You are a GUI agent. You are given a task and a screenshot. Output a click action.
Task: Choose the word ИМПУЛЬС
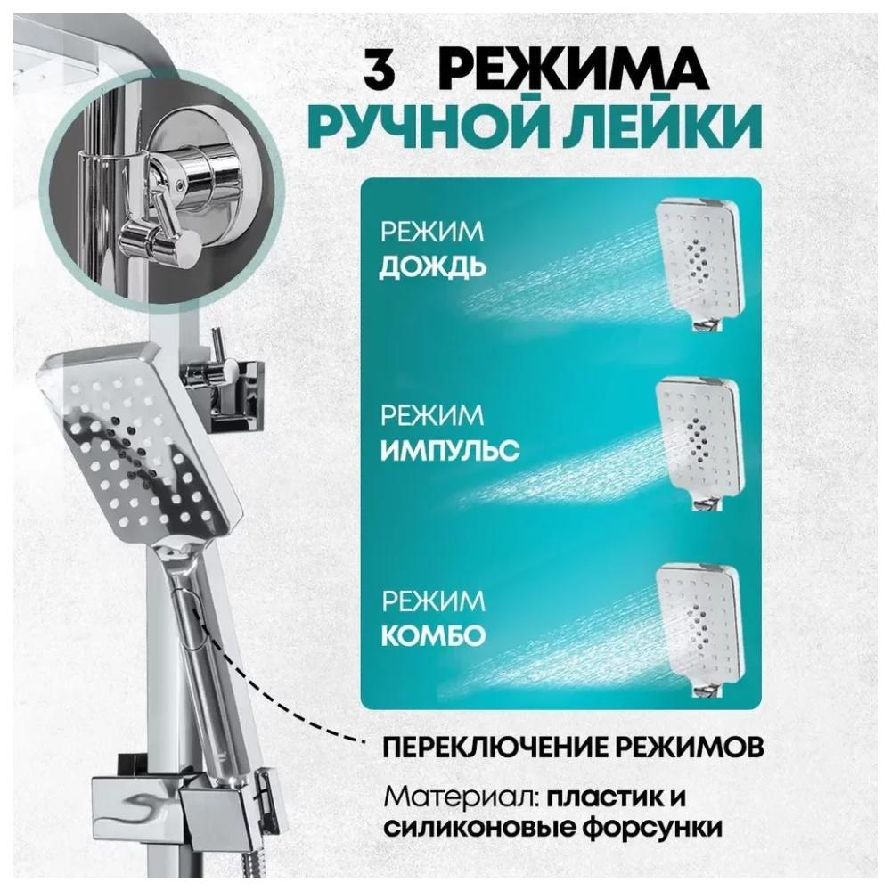[x=449, y=451]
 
